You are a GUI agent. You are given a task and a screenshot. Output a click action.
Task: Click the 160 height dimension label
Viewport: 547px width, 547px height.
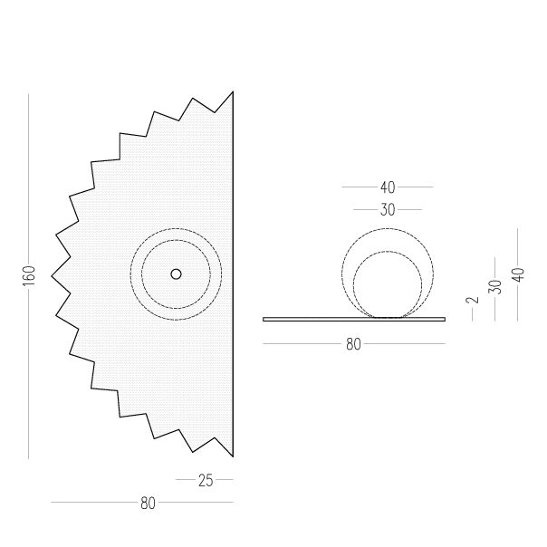click(x=30, y=275)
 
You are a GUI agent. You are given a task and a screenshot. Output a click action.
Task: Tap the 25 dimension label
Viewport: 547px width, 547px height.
click(x=206, y=480)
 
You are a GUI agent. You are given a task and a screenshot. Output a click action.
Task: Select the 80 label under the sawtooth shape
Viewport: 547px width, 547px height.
click(x=148, y=503)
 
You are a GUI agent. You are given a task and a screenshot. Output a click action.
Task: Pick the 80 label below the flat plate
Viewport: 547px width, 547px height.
click(x=353, y=344)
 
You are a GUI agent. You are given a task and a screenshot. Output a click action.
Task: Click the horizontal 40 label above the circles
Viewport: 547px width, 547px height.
click(x=388, y=187)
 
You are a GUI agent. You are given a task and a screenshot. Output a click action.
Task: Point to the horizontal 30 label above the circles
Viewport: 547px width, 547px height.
click(x=388, y=210)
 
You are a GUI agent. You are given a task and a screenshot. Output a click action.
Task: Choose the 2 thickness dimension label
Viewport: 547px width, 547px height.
click(x=473, y=300)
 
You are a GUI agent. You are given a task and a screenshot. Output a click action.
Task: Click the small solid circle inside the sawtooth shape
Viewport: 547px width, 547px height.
click(x=177, y=274)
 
